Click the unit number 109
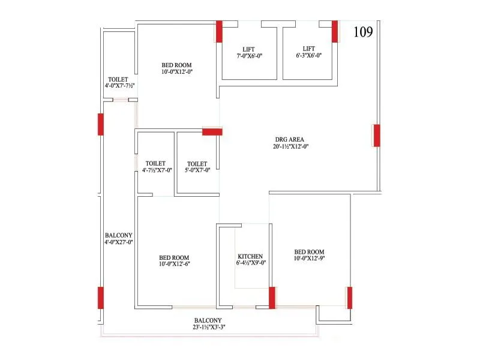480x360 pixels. (x=363, y=32)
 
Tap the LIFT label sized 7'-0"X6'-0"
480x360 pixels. (x=250, y=49)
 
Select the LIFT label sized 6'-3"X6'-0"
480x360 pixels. (x=308, y=49)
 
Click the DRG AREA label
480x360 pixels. (x=291, y=139)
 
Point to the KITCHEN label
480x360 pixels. (x=250, y=256)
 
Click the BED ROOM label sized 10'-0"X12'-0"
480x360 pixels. (x=177, y=65)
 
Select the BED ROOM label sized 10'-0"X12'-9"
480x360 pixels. (x=309, y=252)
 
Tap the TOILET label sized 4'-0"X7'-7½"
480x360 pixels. (x=119, y=79)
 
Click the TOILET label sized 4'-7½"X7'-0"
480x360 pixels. (x=155, y=163)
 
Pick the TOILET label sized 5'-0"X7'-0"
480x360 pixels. (x=197, y=164)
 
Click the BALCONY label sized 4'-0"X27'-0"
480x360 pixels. (x=118, y=235)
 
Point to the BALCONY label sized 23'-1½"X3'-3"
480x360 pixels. (x=208, y=320)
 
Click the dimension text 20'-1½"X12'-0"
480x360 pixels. (x=291, y=146)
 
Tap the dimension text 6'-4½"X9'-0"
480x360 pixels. (x=251, y=263)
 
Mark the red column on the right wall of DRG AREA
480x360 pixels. (x=376, y=136)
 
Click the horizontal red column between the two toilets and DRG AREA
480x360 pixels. (x=212, y=131)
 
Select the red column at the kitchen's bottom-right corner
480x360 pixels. (x=272, y=298)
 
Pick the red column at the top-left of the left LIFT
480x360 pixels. (x=219, y=31)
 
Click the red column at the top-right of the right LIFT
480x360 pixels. (x=335, y=31)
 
